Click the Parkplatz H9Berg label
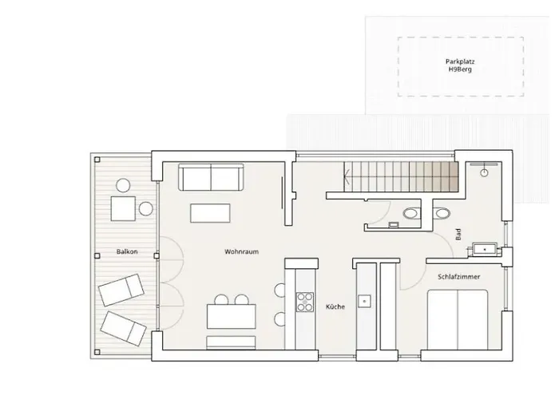pos(460,65)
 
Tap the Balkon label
pos(127,251)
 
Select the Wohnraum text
pos(241,251)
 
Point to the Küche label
pos(335,306)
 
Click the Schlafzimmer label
pos(459,276)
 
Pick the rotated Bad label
pos(458,234)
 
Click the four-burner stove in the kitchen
pos(305,302)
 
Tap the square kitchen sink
pos(364,301)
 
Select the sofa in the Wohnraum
pos(211,177)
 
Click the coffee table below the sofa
pos(210,213)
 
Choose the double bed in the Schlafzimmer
pos(458,319)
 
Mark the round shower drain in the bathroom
pos(484,173)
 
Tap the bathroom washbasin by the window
pos(485,249)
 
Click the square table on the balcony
pos(123,208)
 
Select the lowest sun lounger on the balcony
pos(123,329)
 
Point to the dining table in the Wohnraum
pos(232,316)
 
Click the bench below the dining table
pos(231,342)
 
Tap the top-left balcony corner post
pos(97,160)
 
